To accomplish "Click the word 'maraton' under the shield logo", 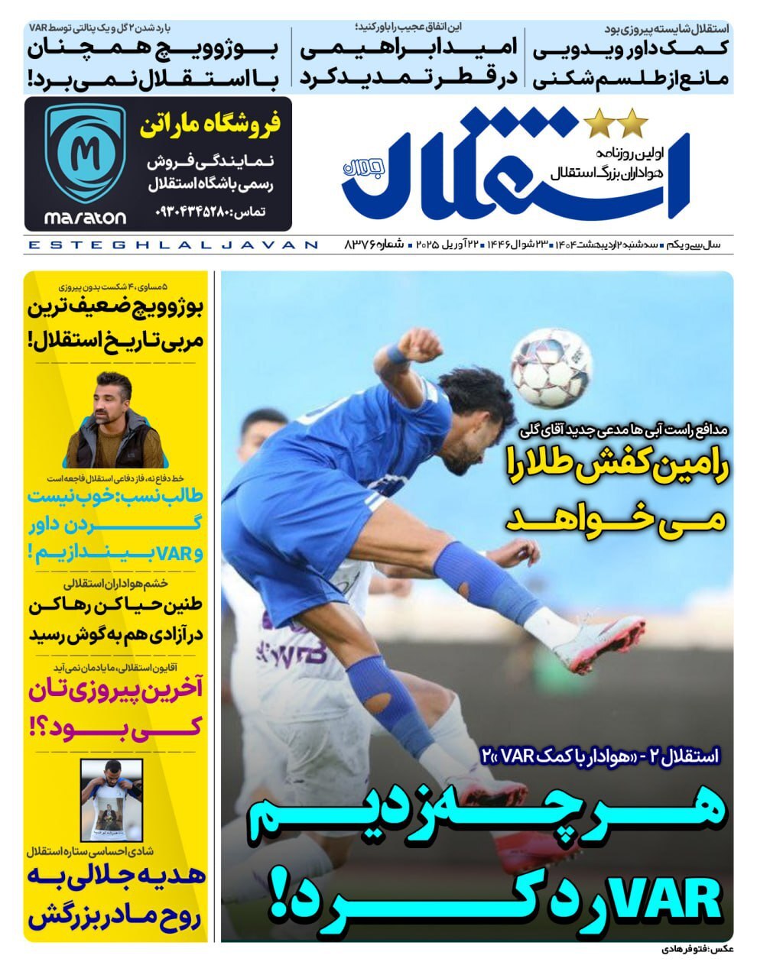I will pyautogui.click(x=85, y=218).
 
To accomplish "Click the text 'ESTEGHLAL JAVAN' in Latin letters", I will pyautogui.click(x=171, y=245).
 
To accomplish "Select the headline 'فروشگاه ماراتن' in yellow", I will pyautogui.click(x=210, y=125).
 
